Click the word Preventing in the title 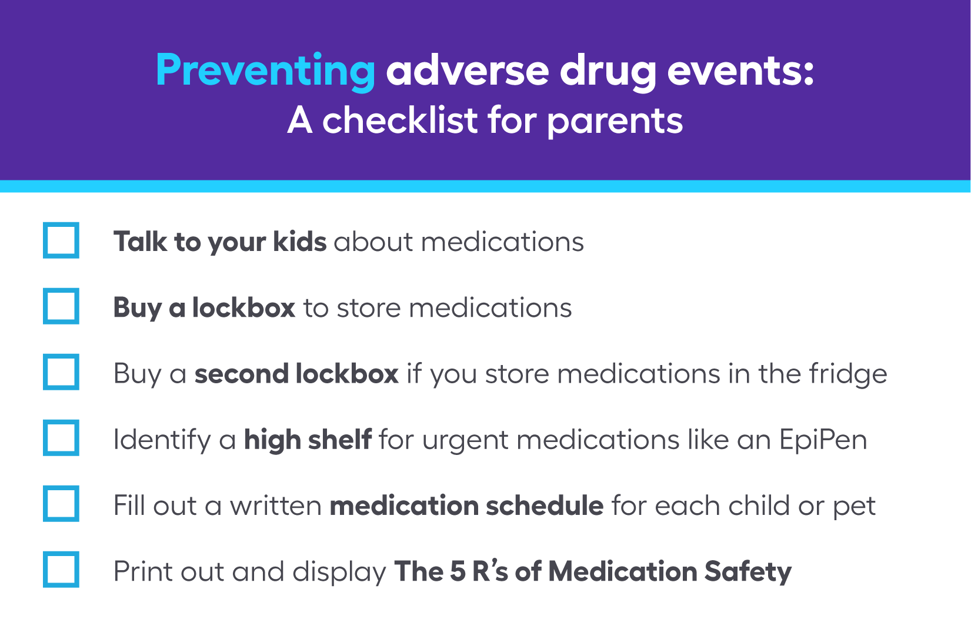(x=265, y=71)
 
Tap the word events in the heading (x=740, y=71)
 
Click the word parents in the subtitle (x=615, y=121)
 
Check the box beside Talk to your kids (x=61, y=240)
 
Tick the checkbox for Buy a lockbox (x=61, y=306)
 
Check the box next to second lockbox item (x=61, y=372)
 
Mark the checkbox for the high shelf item (x=61, y=438)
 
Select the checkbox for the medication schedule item (x=61, y=504)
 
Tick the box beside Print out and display (x=61, y=570)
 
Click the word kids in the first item (x=299, y=242)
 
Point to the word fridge (x=847, y=374)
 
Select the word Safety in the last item (x=748, y=572)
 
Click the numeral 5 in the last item (x=458, y=572)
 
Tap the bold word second (x=241, y=374)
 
